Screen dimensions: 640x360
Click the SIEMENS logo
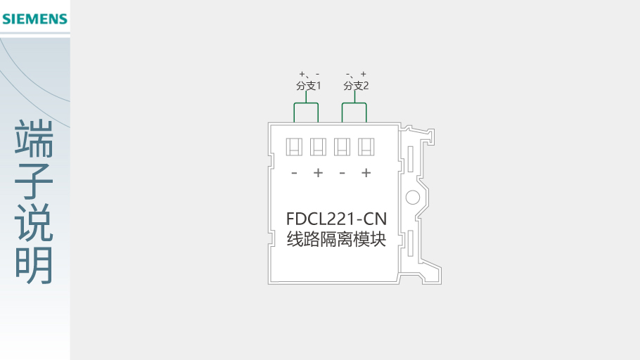coord(34,19)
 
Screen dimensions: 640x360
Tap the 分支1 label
coord(309,86)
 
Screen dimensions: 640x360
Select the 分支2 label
coord(356,86)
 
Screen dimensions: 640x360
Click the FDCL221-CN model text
coord(336,219)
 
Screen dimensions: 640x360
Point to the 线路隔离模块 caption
coord(336,239)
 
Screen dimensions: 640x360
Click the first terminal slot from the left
coord(294,147)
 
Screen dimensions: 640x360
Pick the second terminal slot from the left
coord(318,147)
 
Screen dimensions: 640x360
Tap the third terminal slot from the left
coord(342,147)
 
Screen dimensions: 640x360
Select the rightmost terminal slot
coord(366,147)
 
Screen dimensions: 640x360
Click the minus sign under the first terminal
coord(294,173)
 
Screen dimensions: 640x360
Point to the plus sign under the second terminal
coord(318,173)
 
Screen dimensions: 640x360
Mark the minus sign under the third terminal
coord(343,173)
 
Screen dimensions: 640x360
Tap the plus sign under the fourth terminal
coord(366,173)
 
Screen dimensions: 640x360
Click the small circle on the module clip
coord(413,197)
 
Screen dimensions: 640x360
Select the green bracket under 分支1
coord(306,103)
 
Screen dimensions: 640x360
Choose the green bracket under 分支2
coord(354,103)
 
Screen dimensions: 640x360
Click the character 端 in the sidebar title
coord(34,139)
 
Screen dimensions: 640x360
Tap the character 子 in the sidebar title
coord(34,181)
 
